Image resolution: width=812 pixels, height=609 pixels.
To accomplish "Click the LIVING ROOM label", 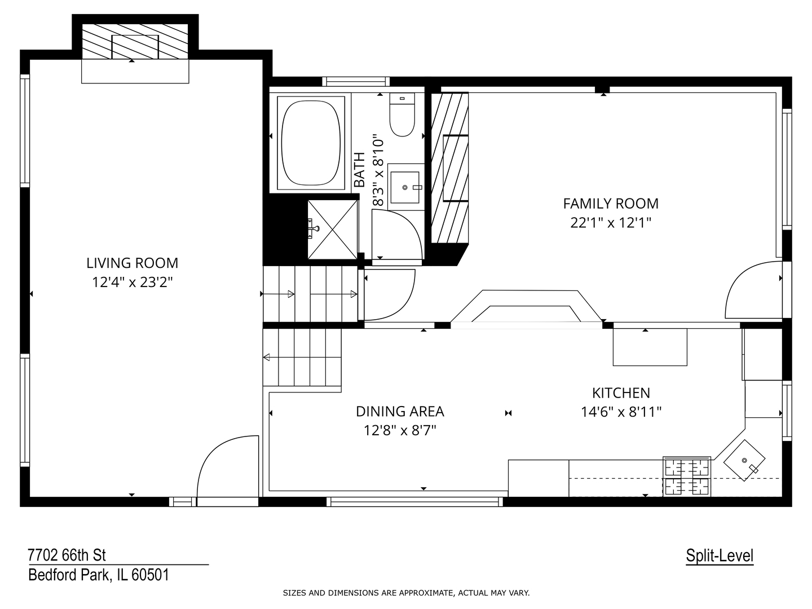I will [x=132, y=263].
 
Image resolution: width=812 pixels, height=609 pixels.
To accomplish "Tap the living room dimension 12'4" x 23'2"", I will [x=132, y=282].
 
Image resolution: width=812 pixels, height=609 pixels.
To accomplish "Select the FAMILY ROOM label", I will [x=610, y=204].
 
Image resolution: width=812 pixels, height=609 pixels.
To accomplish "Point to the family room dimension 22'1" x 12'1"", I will [x=610, y=223].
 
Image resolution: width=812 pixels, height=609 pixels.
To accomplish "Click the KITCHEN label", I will [x=621, y=393].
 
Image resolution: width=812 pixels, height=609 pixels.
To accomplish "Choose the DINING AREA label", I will [x=400, y=412].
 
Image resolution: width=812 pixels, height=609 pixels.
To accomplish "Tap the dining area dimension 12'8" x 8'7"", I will [x=400, y=431].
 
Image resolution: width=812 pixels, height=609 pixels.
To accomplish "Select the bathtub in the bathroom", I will [x=312, y=143].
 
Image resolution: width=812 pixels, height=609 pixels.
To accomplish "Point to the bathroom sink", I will [x=405, y=186].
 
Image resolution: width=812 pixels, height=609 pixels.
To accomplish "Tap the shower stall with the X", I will [x=332, y=229].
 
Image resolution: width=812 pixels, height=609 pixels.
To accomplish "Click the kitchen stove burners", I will [x=687, y=476].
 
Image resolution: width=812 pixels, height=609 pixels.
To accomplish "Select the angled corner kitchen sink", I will [x=745, y=460].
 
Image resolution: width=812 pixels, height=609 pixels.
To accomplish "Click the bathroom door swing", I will [x=396, y=233].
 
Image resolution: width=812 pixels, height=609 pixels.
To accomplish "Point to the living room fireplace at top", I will [x=135, y=42].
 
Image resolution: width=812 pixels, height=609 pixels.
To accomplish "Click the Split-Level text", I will [x=720, y=556].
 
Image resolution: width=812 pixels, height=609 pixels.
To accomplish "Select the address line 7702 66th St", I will [x=67, y=555].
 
